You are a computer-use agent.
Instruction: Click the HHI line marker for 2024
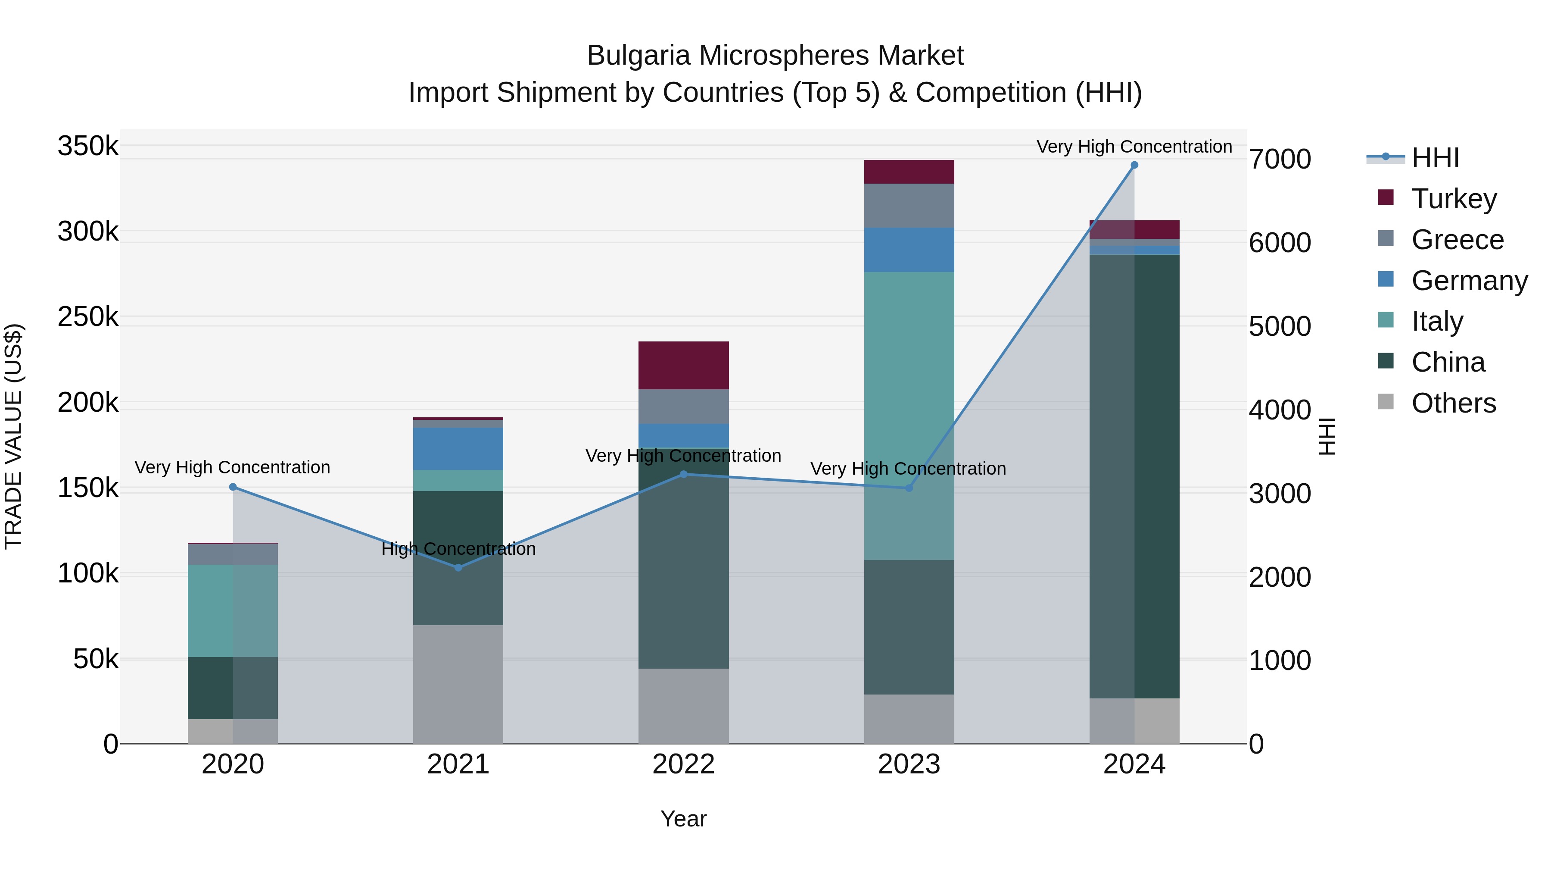click(x=1134, y=165)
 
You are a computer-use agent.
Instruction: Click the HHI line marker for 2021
click(x=458, y=567)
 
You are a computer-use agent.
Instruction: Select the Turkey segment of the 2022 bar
click(x=683, y=365)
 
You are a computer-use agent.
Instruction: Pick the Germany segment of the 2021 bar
click(x=458, y=449)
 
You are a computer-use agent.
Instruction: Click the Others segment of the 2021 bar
click(x=458, y=684)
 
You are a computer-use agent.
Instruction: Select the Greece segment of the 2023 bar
click(x=909, y=206)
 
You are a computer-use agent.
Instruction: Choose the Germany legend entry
click(x=1469, y=281)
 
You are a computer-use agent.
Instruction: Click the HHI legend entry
click(x=1434, y=158)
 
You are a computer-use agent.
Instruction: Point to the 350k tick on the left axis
click(x=88, y=146)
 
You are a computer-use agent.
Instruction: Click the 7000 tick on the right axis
click(x=1280, y=159)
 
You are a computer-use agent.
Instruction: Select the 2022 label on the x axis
click(x=683, y=764)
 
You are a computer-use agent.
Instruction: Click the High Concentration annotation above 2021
click(x=458, y=549)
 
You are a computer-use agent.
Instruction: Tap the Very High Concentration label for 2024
click(x=1134, y=147)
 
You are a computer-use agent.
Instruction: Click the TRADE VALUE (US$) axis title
click(x=13, y=436)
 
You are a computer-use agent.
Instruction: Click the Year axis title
click(x=683, y=819)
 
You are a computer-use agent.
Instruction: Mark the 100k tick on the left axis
click(x=88, y=573)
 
